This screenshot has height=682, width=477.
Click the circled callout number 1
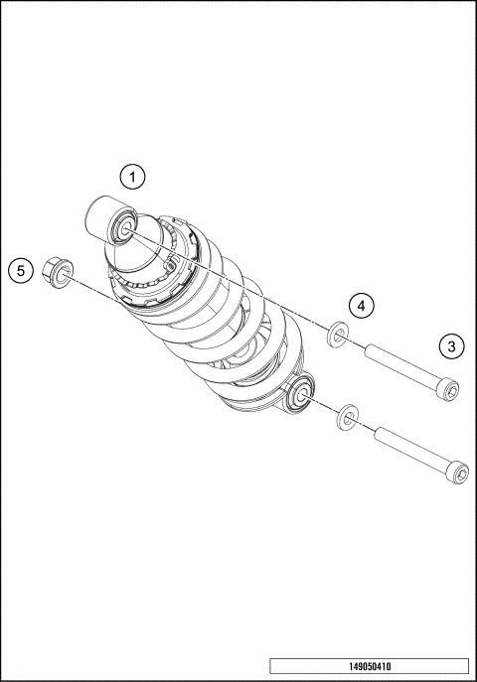click(x=133, y=178)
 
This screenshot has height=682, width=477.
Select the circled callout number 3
click(x=451, y=346)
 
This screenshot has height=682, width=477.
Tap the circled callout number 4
click(x=363, y=306)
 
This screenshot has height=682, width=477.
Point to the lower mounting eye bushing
click(x=300, y=398)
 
